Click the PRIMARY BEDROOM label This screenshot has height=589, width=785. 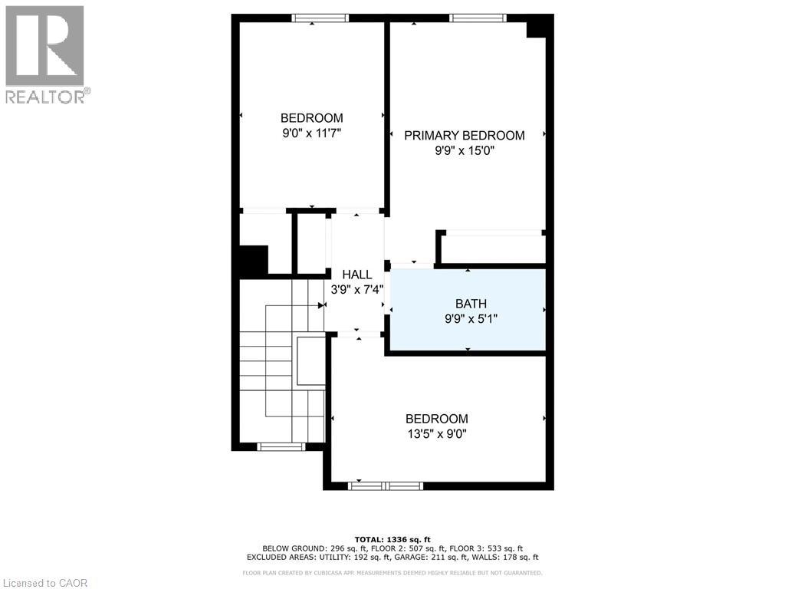465,136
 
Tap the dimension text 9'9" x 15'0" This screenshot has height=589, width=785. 465,151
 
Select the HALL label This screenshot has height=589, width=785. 357,275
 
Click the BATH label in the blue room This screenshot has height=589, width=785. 471,304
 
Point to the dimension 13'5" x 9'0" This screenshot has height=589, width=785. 436,434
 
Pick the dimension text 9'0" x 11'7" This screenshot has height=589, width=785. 311,133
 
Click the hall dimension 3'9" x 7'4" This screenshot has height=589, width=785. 357,290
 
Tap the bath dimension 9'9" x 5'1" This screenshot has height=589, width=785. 471,319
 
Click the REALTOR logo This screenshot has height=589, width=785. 46,54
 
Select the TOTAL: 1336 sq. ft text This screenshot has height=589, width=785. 392,539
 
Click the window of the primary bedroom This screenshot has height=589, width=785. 478,18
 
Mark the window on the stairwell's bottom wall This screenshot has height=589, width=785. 281,446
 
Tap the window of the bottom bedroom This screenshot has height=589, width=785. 386,485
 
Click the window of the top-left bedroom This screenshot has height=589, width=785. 320,18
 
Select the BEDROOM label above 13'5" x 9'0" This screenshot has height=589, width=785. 436,419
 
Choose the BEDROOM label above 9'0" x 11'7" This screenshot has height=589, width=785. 311,118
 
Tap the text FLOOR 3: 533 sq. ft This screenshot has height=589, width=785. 491,548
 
